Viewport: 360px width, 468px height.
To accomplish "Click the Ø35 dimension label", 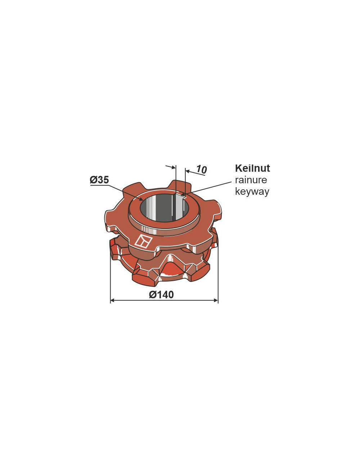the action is pos(99,180).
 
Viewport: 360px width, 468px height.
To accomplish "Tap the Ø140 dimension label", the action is pos(161,294).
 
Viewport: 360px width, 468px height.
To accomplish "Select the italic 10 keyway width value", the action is pos(202,169).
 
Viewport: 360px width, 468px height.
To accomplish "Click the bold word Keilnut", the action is pos(252,168).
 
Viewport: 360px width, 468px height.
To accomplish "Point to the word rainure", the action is pos(251,180).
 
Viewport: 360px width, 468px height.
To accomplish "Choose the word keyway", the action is pos(252,192).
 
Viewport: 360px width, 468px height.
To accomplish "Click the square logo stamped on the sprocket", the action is pos(143,240).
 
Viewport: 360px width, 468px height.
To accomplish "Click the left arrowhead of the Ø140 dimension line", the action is pos(112,300).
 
